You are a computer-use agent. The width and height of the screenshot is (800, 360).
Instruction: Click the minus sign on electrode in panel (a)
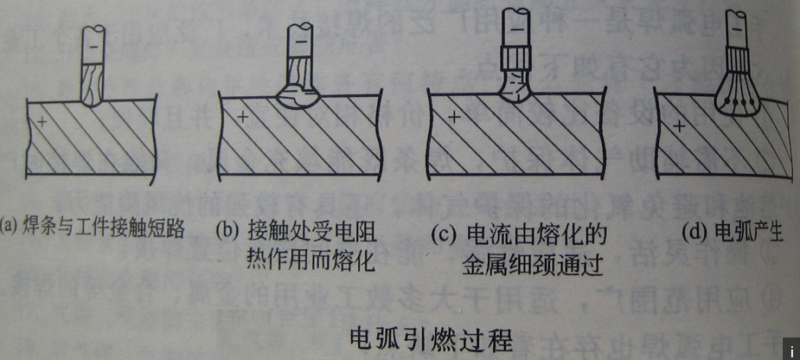pyautogui.click(x=93, y=39)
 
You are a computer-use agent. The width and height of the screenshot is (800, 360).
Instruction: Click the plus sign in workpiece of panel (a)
pyautogui.click(x=41, y=123)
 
